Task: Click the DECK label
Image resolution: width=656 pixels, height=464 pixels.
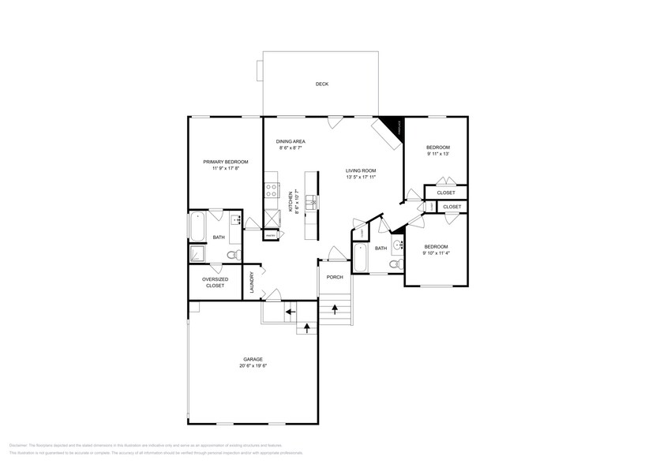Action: coord(321,84)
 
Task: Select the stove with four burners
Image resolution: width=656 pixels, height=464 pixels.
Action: coord(271,189)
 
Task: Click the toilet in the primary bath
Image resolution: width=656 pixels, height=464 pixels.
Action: coord(232,255)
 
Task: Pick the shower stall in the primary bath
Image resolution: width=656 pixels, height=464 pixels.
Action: coord(197,253)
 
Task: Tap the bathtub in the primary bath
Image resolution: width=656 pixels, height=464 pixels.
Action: coord(197,226)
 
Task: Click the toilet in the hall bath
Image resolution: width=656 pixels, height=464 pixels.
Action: coord(395,264)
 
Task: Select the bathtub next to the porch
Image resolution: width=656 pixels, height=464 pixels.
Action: coord(360,258)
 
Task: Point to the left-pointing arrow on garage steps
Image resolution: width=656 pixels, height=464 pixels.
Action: coord(290,312)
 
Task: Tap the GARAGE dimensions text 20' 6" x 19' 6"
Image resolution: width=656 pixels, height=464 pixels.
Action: coord(253,366)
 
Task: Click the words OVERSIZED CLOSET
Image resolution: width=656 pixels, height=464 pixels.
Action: coord(215,282)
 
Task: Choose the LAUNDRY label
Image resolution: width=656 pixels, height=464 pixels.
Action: coord(252,283)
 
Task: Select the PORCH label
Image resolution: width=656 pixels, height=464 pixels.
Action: coord(334,277)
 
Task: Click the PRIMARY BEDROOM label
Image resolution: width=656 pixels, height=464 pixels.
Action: coord(225,162)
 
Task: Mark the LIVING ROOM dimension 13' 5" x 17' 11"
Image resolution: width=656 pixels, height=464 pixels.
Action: coord(361,178)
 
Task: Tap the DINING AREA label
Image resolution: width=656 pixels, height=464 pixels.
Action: coord(291,141)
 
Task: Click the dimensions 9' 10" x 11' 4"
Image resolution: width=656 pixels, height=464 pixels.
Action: coord(437,253)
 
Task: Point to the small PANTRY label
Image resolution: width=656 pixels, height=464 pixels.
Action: coord(270,235)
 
